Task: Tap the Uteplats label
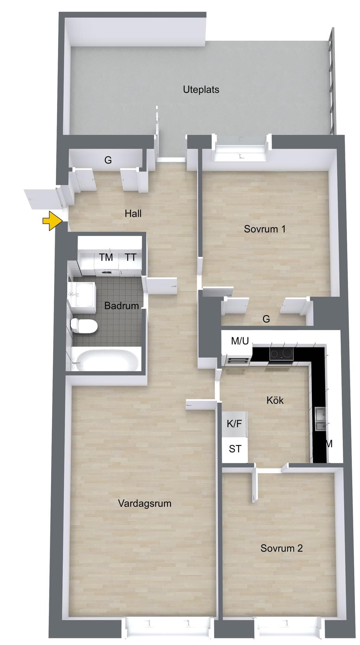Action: click(x=201, y=90)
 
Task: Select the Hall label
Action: click(x=133, y=213)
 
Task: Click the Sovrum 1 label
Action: click(x=265, y=229)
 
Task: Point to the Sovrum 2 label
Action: click(x=281, y=548)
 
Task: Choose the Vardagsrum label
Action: click(x=144, y=504)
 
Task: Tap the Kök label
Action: click(x=275, y=400)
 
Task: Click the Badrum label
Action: click(x=122, y=306)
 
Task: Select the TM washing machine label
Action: click(x=106, y=257)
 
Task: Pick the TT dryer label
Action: click(x=130, y=257)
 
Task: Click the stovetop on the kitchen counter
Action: click(x=281, y=354)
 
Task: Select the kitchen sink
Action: click(x=321, y=419)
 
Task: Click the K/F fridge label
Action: click(x=234, y=424)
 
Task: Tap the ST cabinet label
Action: click(x=235, y=449)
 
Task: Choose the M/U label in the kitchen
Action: click(x=240, y=341)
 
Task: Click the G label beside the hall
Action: click(x=108, y=160)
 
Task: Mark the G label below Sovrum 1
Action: click(x=266, y=319)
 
